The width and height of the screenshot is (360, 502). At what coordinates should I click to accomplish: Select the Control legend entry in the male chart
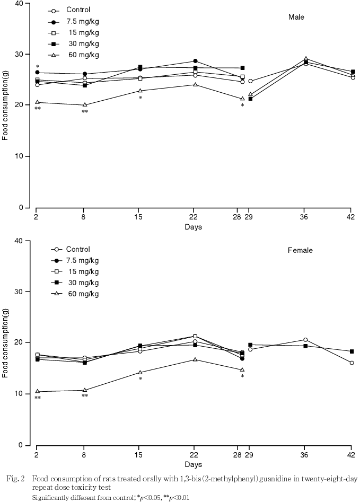click(x=78, y=10)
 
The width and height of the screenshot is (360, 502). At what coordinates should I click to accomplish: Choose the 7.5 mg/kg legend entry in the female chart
click(x=82, y=260)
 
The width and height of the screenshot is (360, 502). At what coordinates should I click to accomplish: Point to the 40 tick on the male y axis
click(x=18, y=3)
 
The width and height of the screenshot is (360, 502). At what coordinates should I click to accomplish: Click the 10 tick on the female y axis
click(x=18, y=394)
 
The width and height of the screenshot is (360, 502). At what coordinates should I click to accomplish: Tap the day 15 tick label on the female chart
click(x=140, y=455)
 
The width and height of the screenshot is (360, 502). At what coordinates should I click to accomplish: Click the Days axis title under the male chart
click(x=193, y=227)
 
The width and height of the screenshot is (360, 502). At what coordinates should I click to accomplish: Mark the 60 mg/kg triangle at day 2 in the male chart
click(x=37, y=102)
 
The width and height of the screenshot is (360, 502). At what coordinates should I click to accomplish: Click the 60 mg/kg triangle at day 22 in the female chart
click(x=195, y=359)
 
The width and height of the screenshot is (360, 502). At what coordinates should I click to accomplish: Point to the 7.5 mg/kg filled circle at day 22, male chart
click(x=195, y=61)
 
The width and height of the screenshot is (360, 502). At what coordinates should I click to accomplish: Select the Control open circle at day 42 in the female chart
click(x=352, y=363)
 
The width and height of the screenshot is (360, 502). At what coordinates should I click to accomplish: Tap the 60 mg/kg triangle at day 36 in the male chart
click(x=306, y=59)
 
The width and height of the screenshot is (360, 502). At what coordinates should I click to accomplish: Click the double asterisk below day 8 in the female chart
click(x=85, y=397)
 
